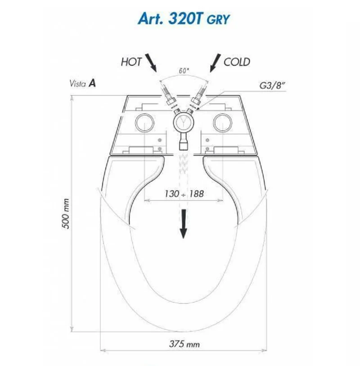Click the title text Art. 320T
[169, 18]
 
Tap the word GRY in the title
[218, 20]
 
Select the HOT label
[131, 62]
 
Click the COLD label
[237, 62]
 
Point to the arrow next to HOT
[151, 63]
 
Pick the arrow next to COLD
[216, 63]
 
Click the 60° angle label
[184, 71]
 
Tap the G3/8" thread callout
[272, 86]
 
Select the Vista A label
[83, 83]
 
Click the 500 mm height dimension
[66, 213]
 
